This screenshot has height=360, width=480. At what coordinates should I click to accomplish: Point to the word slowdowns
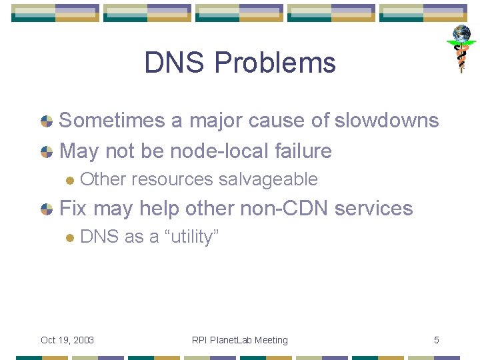[x=387, y=120]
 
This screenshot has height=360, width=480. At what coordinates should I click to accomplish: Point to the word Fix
[x=73, y=208]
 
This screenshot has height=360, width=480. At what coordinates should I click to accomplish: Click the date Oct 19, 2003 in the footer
[x=67, y=340]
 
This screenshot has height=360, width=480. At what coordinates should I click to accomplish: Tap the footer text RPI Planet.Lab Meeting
[x=240, y=340]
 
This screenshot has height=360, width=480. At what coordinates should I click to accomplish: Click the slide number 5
[x=437, y=340]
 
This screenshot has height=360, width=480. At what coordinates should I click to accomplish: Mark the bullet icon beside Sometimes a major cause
[x=47, y=121]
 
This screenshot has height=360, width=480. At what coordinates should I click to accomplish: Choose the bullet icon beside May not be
[x=47, y=152]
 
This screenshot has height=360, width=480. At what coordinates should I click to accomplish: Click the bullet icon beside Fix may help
[x=47, y=209]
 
